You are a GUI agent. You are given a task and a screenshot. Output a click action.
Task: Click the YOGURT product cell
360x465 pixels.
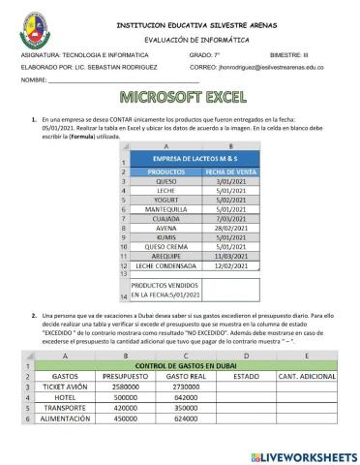[166, 201]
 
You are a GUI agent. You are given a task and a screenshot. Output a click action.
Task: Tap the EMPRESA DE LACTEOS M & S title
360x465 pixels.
[197, 157]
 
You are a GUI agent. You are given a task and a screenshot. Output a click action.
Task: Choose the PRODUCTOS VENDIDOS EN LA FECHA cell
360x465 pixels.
[166, 291]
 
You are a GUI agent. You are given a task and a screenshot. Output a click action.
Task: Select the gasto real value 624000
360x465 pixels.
[188, 418]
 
